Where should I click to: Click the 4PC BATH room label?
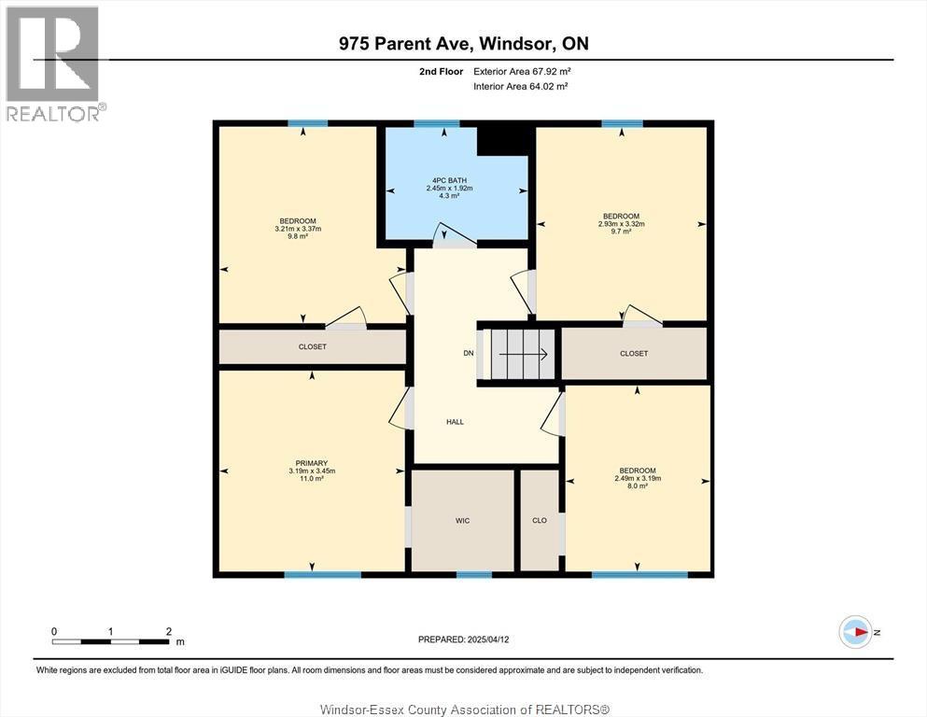click(x=449, y=180)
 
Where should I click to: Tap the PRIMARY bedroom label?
click(x=312, y=463)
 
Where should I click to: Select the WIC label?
click(x=462, y=521)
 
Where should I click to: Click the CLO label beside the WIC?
click(x=540, y=521)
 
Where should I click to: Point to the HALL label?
click(x=455, y=422)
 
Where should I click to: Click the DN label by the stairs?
click(x=469, y=354)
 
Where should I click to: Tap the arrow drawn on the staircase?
click(x=523, y=354)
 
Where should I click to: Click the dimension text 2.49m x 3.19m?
click(x=638, y=478)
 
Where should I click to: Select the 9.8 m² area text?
click(x=298, y=236)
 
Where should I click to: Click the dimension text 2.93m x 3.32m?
click(x=622, y=224)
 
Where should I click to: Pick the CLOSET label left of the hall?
click(x=312, y=347)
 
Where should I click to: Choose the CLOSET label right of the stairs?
click(x=634, y=354)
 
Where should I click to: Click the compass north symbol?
click(x=855, y=632)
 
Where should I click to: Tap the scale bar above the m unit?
click(x=111, y=641)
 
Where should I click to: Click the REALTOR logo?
click(x=55, y=63)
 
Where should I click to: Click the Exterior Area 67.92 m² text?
click(x=522, y=72)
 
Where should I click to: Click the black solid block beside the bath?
click(x=502, y=141)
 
